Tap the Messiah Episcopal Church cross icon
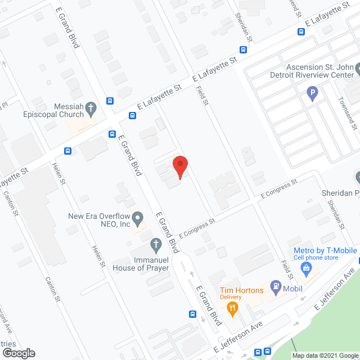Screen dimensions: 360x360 92,106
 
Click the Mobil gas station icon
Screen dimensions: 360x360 276,287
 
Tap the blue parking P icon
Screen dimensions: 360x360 313,93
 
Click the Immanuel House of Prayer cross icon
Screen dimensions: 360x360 155,244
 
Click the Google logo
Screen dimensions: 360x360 18,353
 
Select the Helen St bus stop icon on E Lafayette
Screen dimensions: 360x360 67,151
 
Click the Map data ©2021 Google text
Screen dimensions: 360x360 325,355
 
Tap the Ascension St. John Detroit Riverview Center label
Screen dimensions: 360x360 319,71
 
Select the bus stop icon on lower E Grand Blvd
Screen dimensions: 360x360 192,314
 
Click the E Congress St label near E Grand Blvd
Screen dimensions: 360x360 197,228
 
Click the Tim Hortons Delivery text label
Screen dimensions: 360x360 241,293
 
